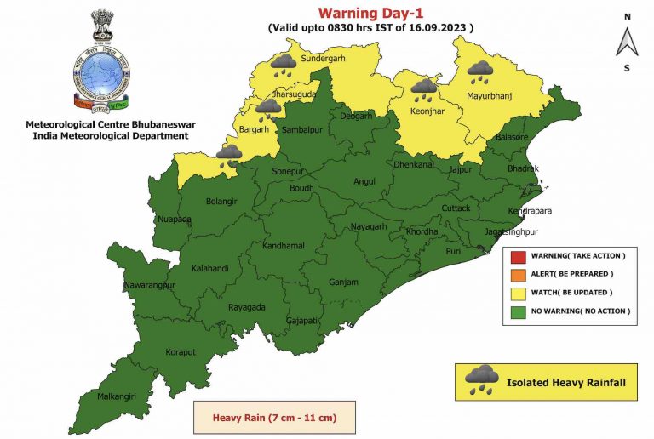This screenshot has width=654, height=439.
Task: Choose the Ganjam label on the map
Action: pyautogui.click(x=343, y=282)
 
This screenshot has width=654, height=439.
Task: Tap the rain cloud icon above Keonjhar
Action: pyautogui.click(x=423, y=88)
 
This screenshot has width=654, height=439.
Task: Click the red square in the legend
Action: pyautogui.click(x=517, y=255)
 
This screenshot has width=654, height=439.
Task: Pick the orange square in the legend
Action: pyautogui.click(x=517, y=274)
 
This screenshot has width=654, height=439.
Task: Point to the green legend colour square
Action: pyautogui.click(x=517, y=311)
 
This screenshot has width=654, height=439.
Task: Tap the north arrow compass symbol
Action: pyautogui.click(x=627, y=40)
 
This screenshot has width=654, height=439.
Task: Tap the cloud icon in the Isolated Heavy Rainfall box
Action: pyautogui.click(x=483, y=379)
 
